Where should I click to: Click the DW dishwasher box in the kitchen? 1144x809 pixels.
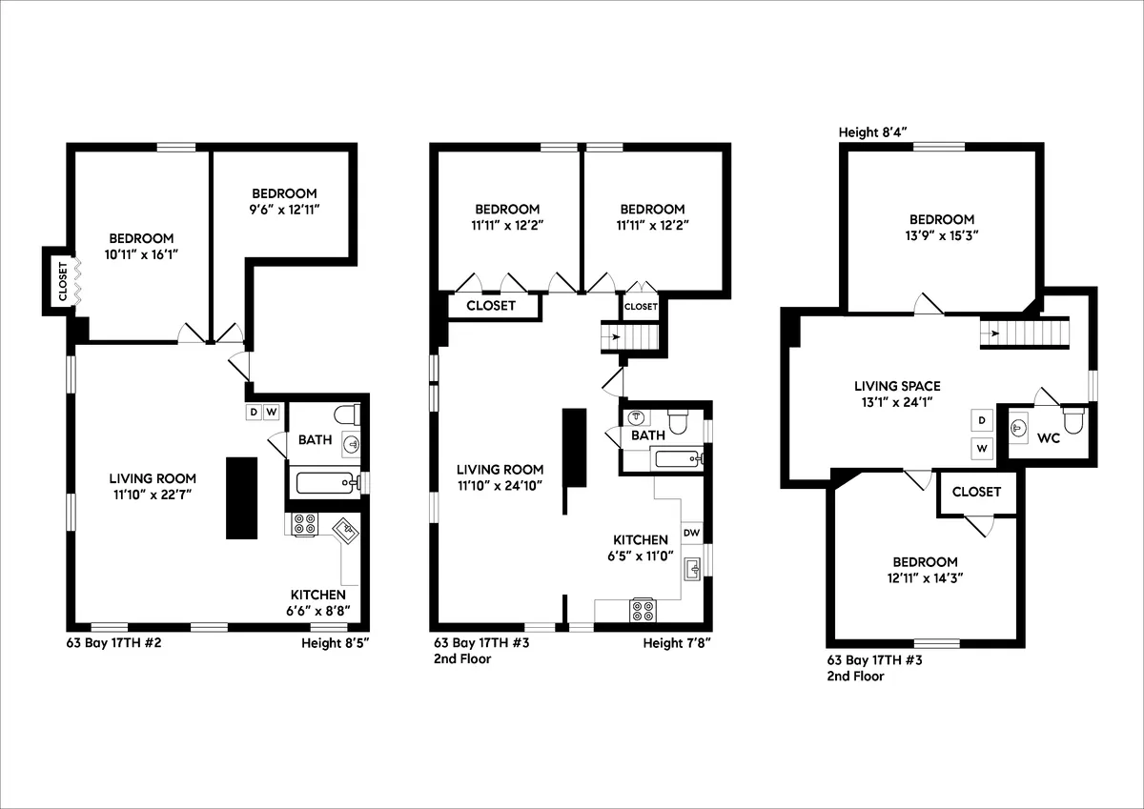click(691, 533)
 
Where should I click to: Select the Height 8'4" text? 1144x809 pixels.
click(871, 131)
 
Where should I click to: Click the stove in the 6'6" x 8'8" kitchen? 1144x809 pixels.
click(305, 524)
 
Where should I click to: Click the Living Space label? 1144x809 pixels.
click(896, 386)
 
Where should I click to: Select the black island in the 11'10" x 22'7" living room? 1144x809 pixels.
click(241, 497)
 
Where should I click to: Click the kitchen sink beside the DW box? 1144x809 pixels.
click(694, 569)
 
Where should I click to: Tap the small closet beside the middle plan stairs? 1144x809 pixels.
click(641, 306)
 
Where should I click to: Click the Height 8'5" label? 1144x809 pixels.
click(335, 643)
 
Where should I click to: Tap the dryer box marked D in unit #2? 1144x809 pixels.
click(254, 412)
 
